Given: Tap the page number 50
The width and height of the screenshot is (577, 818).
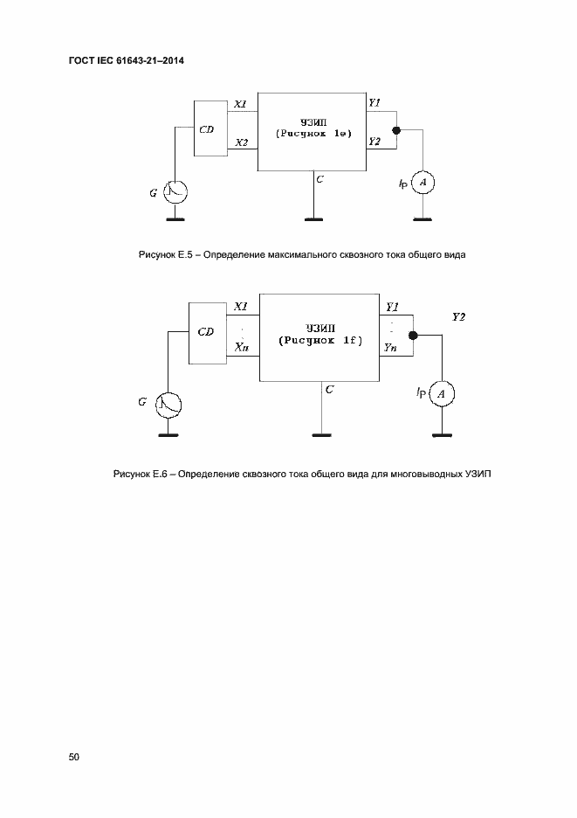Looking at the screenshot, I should (x=73, y=757).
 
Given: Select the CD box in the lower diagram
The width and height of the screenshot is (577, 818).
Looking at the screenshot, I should (x=207, y=332).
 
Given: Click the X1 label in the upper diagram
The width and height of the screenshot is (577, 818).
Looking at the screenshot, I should (x=241, y=105).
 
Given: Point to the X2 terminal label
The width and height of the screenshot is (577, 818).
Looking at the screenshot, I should (x=241, y=142).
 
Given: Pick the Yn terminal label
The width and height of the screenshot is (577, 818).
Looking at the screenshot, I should (x=392, y=349).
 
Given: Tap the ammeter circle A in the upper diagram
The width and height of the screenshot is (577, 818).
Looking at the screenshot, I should (x=423, y=182).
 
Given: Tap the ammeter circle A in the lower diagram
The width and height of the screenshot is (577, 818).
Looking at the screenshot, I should (x=443, y=396).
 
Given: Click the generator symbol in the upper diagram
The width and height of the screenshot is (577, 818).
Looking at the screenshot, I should (x=177, y=192).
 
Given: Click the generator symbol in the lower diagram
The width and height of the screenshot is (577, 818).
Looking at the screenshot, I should (x=168, y=404).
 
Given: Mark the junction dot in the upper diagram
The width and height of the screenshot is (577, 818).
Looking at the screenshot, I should (x=397, y=131).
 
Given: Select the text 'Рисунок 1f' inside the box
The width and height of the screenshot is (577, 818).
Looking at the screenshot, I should (x=319, y=341).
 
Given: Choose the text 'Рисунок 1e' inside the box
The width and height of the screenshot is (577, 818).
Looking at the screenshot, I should (x=313, y=134).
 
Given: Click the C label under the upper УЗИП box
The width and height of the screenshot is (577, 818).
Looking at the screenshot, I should (x=320, y=179).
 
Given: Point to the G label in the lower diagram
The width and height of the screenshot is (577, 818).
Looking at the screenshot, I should (x=142, y=401).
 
